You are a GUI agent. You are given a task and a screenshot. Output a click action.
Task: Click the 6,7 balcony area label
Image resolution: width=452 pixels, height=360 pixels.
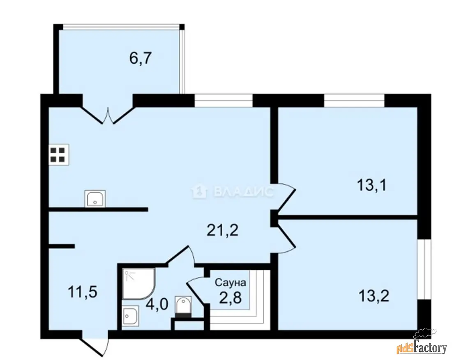[141, 59]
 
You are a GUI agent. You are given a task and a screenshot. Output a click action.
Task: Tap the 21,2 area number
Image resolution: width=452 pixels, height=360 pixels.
[223, 230]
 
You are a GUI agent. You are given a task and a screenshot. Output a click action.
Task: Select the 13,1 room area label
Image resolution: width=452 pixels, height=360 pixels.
[371, 185]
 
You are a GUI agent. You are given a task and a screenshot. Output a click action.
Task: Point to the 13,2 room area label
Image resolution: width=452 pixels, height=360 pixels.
[374, 296]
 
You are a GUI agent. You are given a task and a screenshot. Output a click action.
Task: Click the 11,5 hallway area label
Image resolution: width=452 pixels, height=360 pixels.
[83, 292]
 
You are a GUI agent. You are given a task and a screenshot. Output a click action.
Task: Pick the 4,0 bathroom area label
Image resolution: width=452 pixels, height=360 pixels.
[157, 304]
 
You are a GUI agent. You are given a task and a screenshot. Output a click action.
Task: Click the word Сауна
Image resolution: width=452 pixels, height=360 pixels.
[231, 282]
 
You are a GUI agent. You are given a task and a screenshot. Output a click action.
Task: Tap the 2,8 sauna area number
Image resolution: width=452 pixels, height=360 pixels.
[230, 298]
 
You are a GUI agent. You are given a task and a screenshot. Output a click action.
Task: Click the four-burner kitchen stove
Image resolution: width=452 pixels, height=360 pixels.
[59, 155]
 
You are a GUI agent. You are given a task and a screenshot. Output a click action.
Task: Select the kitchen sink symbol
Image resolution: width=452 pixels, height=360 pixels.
[95, 198]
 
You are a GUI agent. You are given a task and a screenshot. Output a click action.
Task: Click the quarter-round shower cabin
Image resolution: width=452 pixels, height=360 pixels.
[139, 284]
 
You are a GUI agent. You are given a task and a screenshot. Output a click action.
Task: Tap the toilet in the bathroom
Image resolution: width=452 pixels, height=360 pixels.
[183, 307]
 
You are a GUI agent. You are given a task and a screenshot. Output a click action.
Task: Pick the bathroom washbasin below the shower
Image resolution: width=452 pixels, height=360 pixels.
[130, 316]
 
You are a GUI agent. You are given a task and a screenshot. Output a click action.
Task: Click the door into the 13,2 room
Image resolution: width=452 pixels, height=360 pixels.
[284, 238]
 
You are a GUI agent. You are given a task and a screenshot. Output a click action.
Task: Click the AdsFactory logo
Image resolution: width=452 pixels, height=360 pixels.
[422, 346]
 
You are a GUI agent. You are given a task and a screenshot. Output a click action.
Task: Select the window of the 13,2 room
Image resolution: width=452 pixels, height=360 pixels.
[424, 269]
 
